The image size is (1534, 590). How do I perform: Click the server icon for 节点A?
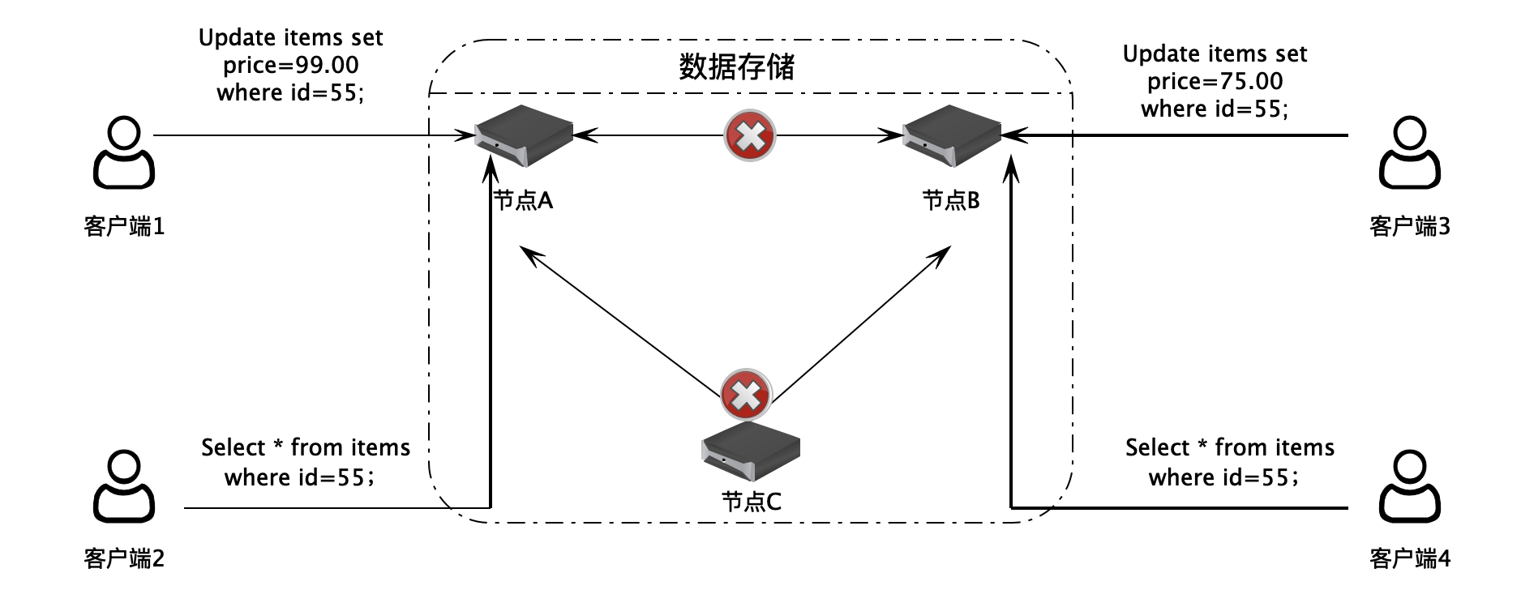point(524,136)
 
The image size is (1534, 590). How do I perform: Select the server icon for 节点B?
point(952,136)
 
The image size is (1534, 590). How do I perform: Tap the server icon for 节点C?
point(751,451)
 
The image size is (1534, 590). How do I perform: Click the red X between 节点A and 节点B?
point(749,135)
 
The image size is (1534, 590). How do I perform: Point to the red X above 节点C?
point(746,395)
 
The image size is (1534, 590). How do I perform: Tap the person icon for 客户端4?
point(1410,487)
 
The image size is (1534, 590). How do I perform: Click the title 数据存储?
point(736,67)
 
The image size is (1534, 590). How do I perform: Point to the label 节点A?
point(524,200)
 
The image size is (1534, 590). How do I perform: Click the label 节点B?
point(951,200)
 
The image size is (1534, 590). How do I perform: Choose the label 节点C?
point(752,502)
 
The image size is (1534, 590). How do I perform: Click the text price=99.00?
point(290,65)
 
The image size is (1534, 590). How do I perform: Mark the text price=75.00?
point(1215,81)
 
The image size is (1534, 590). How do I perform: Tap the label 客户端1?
point(124,226)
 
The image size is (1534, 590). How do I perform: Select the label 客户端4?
point(1410,558)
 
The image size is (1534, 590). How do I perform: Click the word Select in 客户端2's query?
point(234,447)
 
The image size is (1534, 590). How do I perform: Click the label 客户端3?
point(1410,226)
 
